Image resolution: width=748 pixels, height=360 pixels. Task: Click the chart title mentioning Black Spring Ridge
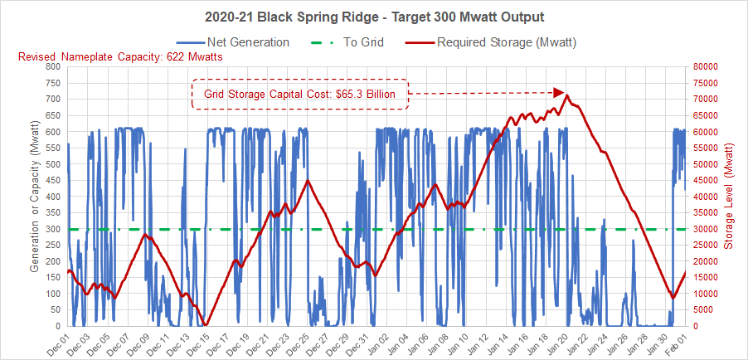[x=373, y=17]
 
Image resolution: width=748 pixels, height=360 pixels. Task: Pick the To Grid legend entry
[x=347, y=41]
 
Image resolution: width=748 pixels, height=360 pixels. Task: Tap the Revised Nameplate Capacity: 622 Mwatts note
[x=119, y=56]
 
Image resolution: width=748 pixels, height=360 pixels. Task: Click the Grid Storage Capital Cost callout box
[x=299, y=94]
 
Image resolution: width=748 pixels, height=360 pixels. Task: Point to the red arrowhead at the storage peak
[x=559, y=92]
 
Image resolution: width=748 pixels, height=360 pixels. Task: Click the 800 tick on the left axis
[x=52, y=66]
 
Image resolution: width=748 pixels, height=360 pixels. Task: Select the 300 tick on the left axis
[x=52, y=229]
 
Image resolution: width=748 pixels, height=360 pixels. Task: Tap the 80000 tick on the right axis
[x=707, y=66]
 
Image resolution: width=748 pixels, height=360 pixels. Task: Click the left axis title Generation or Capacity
[x=35, y=196]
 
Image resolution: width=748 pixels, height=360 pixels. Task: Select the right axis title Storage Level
[x=730, y=196]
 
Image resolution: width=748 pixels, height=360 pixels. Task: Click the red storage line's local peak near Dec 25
[x=308, y=181]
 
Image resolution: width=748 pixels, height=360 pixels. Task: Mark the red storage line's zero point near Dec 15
[x=206, y=325]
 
